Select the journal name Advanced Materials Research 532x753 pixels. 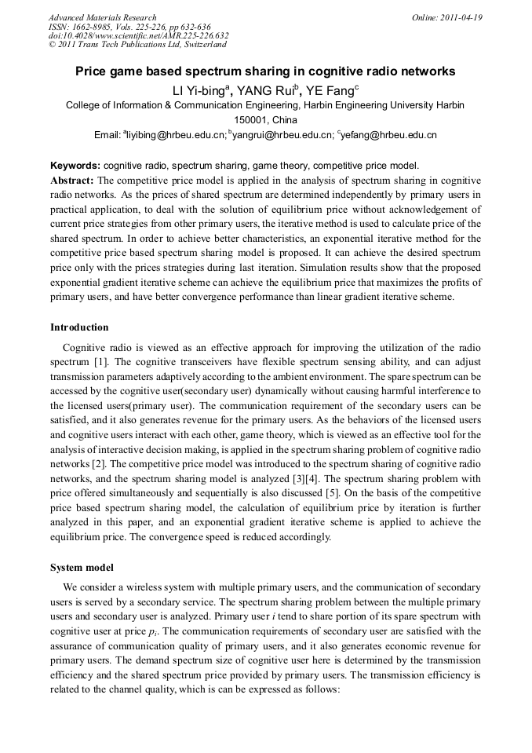click(x=102, y=17)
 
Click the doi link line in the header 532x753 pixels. click(x=138, y=35)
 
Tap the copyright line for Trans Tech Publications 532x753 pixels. click(x=137, y=45)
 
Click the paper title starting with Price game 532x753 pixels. click(x=264, y=71)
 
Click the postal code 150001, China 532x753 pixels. click(x=264, y=120)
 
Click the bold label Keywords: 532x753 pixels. click(x=75, y=166)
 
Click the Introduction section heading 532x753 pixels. click(x=79, y=327)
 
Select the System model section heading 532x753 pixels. click(x=82, y=567)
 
